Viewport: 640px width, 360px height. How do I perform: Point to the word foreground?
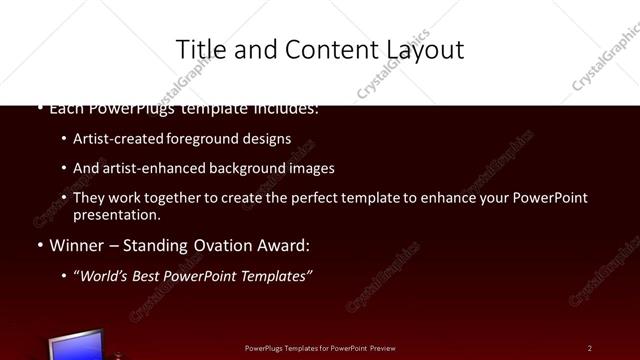click(189, 140)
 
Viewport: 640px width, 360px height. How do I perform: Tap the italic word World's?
click(105, 275)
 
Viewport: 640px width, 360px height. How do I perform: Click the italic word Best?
click(153, 275)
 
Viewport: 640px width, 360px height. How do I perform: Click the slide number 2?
click(590, 348)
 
